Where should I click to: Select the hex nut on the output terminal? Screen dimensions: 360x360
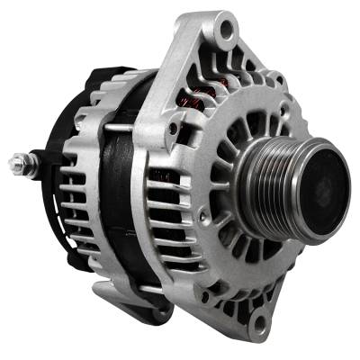point(26,165)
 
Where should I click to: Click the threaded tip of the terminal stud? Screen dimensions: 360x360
point(13,164)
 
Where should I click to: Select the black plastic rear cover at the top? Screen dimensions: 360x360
point(99,76)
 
